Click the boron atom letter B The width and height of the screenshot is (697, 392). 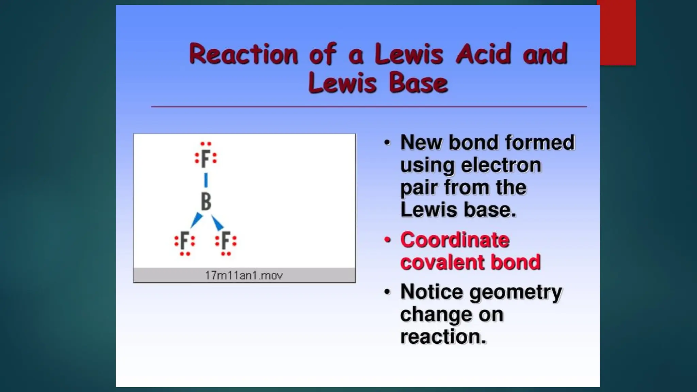pos(206,201)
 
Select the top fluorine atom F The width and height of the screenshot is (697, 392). pos(206,159)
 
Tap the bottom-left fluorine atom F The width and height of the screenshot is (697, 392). pos(184,241)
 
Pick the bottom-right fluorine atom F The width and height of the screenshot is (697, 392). pos(226,241)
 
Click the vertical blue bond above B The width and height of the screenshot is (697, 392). pos(206,180)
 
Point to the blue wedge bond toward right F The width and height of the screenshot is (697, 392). pos(217,223)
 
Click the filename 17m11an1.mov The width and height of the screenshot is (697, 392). pos(244,275)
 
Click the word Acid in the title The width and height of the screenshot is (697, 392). pos(484,54)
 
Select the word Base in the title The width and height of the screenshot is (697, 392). pos(418,83)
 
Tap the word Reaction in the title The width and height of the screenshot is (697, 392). pos(244,54)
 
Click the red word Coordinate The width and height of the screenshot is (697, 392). pos(455,240)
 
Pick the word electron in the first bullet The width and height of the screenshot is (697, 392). pos(501,165)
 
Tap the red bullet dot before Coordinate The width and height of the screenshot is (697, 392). pos(387,240)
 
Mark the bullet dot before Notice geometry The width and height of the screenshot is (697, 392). pos(387,292)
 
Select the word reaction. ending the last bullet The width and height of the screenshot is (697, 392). pos(443,337)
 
